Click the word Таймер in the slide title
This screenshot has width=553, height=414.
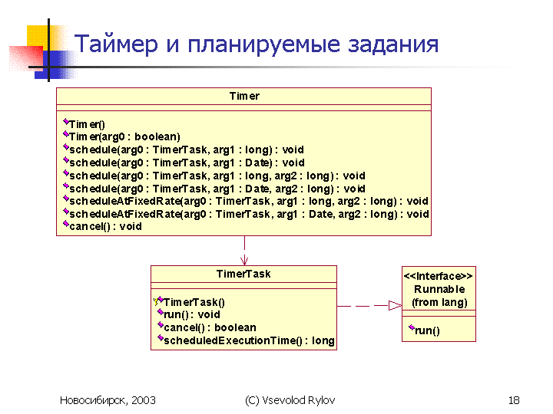[x=116, y=44]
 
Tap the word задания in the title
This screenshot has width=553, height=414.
[x=393, y=44]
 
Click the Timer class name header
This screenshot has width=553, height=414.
[x=244, y=96]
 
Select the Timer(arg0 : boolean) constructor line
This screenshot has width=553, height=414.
[x=124, y=136]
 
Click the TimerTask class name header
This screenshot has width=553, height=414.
[x=243, y=274]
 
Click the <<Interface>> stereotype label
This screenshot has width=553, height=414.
[x=439, y=276]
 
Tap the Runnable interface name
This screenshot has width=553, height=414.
[x=439, y=289]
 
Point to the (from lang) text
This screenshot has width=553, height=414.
[x=439, y=302]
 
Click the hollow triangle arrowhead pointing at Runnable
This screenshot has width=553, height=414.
[x=395, y=306]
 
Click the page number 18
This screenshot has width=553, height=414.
[x=514, y=400]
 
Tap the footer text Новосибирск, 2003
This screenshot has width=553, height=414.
[x=108, y=400]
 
